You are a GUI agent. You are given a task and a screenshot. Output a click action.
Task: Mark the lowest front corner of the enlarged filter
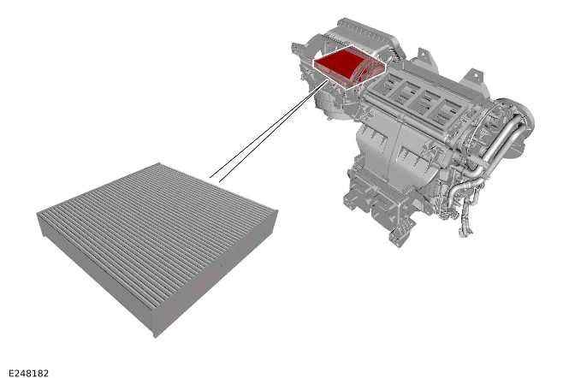[x=154, y=334]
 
